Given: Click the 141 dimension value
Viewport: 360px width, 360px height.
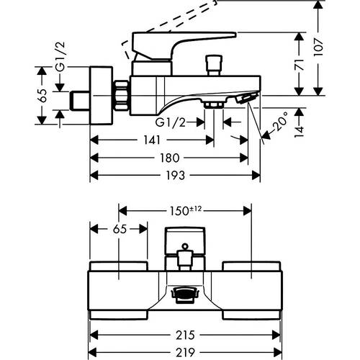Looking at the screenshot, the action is tap(152, 140).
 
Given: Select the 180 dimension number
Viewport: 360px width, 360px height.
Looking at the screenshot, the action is tap(170, 158).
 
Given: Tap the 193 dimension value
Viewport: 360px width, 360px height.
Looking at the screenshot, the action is tap(176, 176).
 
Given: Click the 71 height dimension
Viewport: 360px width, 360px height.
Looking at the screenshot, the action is tap(299, 65).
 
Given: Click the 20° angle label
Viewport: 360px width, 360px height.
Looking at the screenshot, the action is tap(280, 121).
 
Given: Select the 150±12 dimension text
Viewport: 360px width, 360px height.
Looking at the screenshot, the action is tap(186, 211).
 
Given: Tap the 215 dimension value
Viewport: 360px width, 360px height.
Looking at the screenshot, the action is tap(185, 335).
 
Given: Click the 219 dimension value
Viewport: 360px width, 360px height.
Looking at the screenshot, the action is tap(185, 353).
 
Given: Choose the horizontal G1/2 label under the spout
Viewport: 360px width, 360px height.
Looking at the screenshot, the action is tap(171, 122).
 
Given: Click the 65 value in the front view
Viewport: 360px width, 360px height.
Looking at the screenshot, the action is tap(120, 229).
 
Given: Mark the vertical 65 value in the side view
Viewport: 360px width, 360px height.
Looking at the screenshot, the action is tap(42, 96).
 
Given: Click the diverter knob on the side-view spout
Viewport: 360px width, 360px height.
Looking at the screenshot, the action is tap(214, 66).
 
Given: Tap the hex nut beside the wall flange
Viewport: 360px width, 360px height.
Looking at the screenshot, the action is tap(121, 96).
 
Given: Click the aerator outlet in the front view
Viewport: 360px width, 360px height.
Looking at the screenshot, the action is tap(185, 294).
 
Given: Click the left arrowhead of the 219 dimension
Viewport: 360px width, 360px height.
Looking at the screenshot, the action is tap(94, 352).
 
